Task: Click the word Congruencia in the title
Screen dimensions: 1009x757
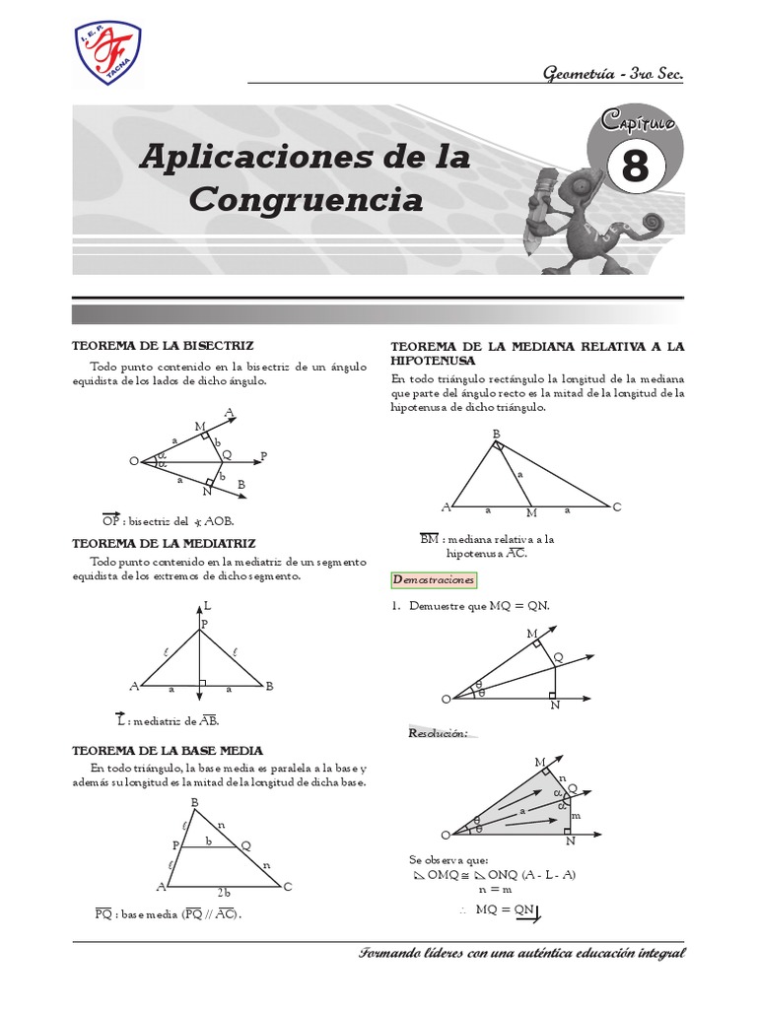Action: point(306,200)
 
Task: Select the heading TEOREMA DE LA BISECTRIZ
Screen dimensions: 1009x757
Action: point(164,346)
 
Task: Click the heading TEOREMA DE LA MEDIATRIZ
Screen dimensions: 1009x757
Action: point(165,543)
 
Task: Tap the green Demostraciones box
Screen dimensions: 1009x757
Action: point(434,580)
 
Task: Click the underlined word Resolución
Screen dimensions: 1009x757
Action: point(438,733)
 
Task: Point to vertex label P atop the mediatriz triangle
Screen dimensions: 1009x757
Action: point(205,624)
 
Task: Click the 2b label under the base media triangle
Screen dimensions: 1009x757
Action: point(224,893)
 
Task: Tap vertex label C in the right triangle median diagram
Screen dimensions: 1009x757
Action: point(617,506)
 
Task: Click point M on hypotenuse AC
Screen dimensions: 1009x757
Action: point(531,513)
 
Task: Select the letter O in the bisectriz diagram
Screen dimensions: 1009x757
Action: point(133,460)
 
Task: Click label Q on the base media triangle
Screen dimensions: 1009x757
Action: point(245,844)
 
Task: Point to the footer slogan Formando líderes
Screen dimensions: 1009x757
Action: point(522,954)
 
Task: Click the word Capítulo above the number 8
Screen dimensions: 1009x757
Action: point(636,123)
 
